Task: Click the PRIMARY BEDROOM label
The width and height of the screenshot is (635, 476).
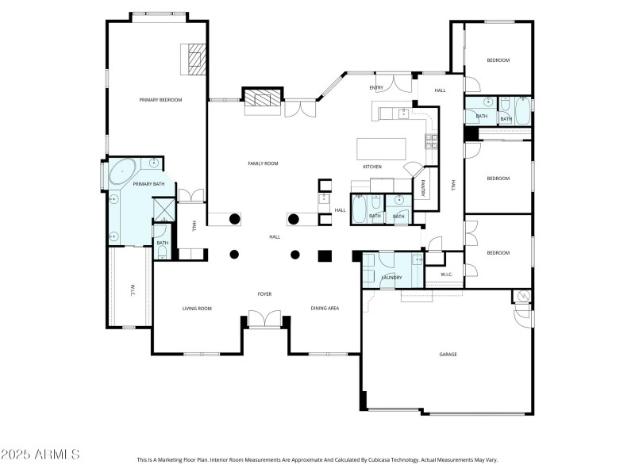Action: tap(161, 100)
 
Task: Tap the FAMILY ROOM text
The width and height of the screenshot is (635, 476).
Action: tap(263, 163)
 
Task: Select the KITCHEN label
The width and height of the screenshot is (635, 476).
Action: tap(372, 167)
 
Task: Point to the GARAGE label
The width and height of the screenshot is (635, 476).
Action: tap(448, 355)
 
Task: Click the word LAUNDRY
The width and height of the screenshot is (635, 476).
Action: tap(391, 278)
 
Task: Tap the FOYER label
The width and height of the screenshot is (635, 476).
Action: tap(264, 294)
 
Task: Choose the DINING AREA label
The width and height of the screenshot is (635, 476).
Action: tap(325, 308)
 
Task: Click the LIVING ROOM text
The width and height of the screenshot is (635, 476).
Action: tap(197, 308)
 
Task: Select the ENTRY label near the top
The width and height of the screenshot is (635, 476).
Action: tap(376, 88)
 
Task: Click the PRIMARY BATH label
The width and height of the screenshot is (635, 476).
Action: tap(148, 184)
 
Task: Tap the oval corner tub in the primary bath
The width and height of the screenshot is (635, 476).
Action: tap(123, 171)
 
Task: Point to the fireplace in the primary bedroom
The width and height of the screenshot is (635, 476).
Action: tap(195, 59)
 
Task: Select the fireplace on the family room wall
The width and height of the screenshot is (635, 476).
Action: tap(262, 99)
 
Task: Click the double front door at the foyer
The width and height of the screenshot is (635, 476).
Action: tap(264, 320)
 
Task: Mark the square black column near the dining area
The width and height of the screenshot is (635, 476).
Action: tap(324, 255)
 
